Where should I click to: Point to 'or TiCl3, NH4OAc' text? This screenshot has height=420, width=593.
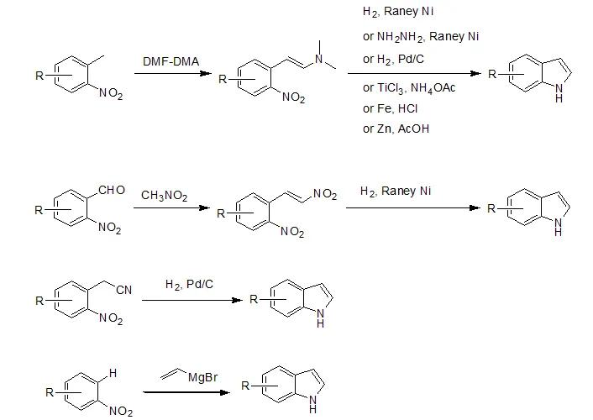click(x=409, y=87)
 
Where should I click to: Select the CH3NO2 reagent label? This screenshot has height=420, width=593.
click(x=165, y=197)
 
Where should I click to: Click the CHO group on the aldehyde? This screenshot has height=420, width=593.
click(x=111, y=191)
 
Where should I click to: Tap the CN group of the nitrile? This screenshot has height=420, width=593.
click(x=124, y=290)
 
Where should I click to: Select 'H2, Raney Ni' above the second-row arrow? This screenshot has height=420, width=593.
click(x=395, y=192)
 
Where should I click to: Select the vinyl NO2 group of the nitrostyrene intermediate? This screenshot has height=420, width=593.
click(x=325, y=196)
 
